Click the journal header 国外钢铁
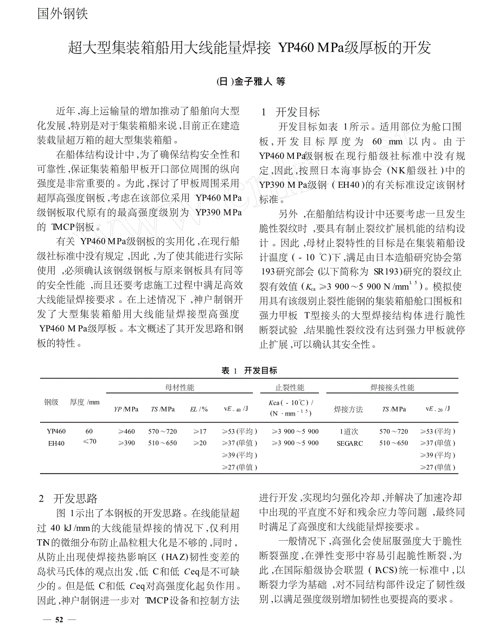point(62,14)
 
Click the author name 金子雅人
point(253,81)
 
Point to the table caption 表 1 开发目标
point(249,370)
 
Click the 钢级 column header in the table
point(51,402)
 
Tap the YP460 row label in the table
point(56,431)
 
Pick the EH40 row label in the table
point(56,443)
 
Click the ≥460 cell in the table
point(126,431)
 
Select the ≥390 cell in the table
point(126,443)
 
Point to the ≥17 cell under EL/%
point(200,431)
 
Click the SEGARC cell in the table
point(348,443)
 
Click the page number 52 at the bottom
point(60,619)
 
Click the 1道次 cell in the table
point(348,431)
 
